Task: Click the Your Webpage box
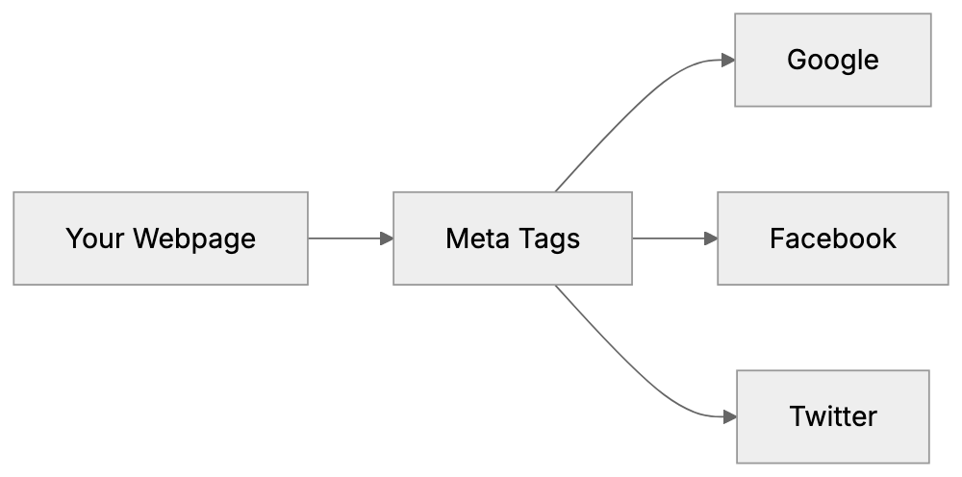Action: pos(161,238)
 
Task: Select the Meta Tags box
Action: pos(512,238)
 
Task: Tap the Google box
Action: pos(832,60)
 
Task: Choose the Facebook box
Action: pos(832,238)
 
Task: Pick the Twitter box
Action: pos(832,416)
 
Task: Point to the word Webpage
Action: pos(194,238)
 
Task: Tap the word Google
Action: pos(832,60)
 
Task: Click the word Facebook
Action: pos(832,238)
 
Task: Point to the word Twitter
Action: pos(832,416)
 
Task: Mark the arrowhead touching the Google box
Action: pos(728,60)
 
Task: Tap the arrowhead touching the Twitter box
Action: pos(729,416)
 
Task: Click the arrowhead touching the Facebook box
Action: pos(711,238)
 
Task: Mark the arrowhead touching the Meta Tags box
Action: pos(387,238)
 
